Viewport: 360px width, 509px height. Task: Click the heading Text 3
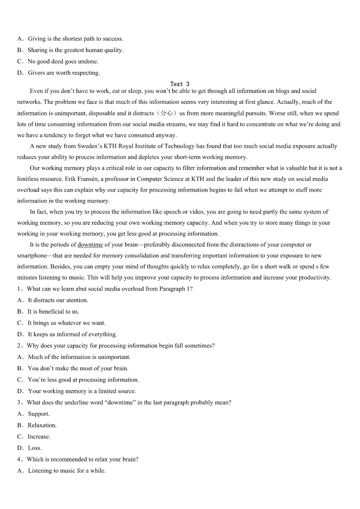click(x=180, y=84)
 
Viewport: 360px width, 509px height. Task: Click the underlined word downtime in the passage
click(x=90, y=245)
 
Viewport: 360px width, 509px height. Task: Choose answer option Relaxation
click(x=42, y=425)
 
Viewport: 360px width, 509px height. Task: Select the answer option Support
click(x=39, y=414)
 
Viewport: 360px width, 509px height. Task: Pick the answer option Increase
click(x=39, y=436)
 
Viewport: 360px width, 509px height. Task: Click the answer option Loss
click(x=34, y=448)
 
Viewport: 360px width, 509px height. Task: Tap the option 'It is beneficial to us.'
click(x=53, y=311)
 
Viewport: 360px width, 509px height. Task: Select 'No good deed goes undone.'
click(x=63, y=61)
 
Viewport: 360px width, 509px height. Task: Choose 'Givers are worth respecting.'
click(x=63, y=73)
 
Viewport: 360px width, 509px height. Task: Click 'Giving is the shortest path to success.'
click(x=75, y=39)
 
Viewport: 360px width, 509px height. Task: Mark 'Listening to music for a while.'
click(x=67, y=470)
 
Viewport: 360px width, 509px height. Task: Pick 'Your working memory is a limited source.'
click(x=82, y=391)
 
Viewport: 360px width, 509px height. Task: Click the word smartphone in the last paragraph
click(x=34, y=256)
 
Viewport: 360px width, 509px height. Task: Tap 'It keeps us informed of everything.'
click(x=73, y=334)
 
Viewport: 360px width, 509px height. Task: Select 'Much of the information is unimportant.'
click(x=79, y=357)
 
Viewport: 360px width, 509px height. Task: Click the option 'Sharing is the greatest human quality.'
click(x=75, y=50)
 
